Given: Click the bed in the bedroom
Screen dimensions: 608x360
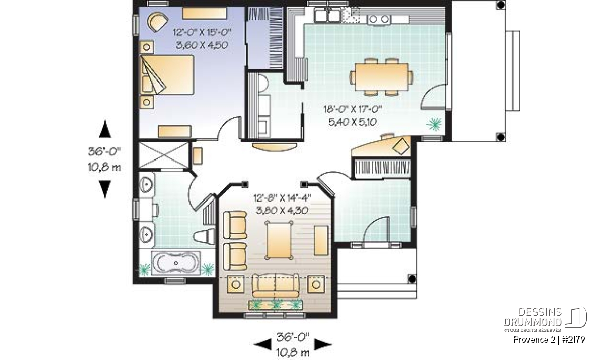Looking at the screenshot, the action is pos(167,75).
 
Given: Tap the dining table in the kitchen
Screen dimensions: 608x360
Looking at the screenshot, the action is pos(382,77).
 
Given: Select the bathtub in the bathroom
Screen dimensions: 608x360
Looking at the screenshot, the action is pos(176,263).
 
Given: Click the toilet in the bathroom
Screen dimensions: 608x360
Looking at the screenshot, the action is pos(204,236).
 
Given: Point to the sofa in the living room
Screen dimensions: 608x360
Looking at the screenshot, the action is pos(276,286).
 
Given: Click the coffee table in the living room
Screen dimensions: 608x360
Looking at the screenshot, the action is pos(279,241).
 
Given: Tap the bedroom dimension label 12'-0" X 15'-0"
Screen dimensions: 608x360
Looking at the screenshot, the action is pos(202,33).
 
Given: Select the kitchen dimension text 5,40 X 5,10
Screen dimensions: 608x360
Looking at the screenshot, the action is pos(353,122).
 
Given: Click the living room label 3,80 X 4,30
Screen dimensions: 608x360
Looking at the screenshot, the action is pos(282,210).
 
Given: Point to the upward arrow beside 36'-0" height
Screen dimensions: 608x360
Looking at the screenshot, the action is pos(105,129).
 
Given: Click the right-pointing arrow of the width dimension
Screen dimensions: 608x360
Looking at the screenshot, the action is pos(323,344).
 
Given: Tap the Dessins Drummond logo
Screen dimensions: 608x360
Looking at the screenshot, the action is pos(545,319).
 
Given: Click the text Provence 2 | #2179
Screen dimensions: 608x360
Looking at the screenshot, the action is pos(549,340).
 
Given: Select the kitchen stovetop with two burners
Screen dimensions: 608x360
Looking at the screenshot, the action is pos(379,20).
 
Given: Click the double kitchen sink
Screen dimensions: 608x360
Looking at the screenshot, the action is pos(327,15).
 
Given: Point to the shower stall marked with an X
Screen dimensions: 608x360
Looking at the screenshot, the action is pos(164,155).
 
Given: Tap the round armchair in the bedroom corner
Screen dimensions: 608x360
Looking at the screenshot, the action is pos(158,22).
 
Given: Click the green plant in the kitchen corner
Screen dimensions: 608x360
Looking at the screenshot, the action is pos(434,124).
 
